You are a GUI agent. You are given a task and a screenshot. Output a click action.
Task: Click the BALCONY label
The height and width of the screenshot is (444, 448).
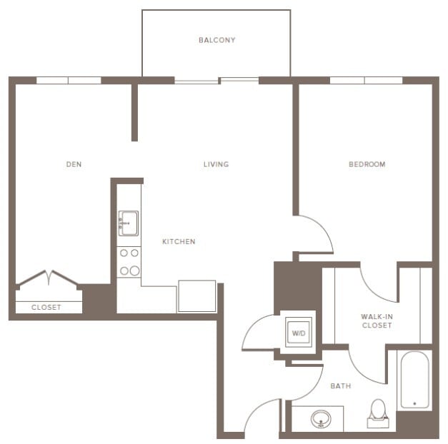click(x=216, y=40)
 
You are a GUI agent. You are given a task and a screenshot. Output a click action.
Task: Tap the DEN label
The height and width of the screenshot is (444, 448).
click(x=74, y=164)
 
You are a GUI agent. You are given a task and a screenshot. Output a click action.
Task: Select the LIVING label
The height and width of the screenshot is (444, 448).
click(x=216, y=164)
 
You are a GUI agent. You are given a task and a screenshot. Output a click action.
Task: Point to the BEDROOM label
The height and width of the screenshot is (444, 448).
click(x=367, y=164)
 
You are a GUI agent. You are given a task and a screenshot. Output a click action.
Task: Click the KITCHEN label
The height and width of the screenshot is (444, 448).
click(x=179, y=242)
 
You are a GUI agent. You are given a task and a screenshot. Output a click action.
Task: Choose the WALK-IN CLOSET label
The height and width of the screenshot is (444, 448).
click(x=376, y=320)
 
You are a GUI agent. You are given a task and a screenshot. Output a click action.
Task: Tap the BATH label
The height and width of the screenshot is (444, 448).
click(x=340, y=386)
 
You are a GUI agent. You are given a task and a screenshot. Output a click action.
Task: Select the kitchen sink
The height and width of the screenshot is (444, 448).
click(x=129, y=223)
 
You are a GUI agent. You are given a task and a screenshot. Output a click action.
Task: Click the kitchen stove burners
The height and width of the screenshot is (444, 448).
click(x=129, y=262)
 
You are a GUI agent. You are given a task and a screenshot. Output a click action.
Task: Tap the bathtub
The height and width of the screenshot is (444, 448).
click(x=414, y=380)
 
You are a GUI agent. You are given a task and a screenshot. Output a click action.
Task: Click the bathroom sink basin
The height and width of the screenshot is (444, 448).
click(x=322, y=419)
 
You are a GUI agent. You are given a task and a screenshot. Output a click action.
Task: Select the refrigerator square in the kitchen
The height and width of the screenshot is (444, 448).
click(x=196, y=296)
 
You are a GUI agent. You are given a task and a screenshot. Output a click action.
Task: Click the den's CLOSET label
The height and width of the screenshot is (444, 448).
click(x=46, y=308)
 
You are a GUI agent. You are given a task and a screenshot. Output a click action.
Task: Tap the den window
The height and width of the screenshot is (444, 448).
click(x=69, y=80)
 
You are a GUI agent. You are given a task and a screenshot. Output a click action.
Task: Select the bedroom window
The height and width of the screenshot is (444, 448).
click(x=365, y=80)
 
